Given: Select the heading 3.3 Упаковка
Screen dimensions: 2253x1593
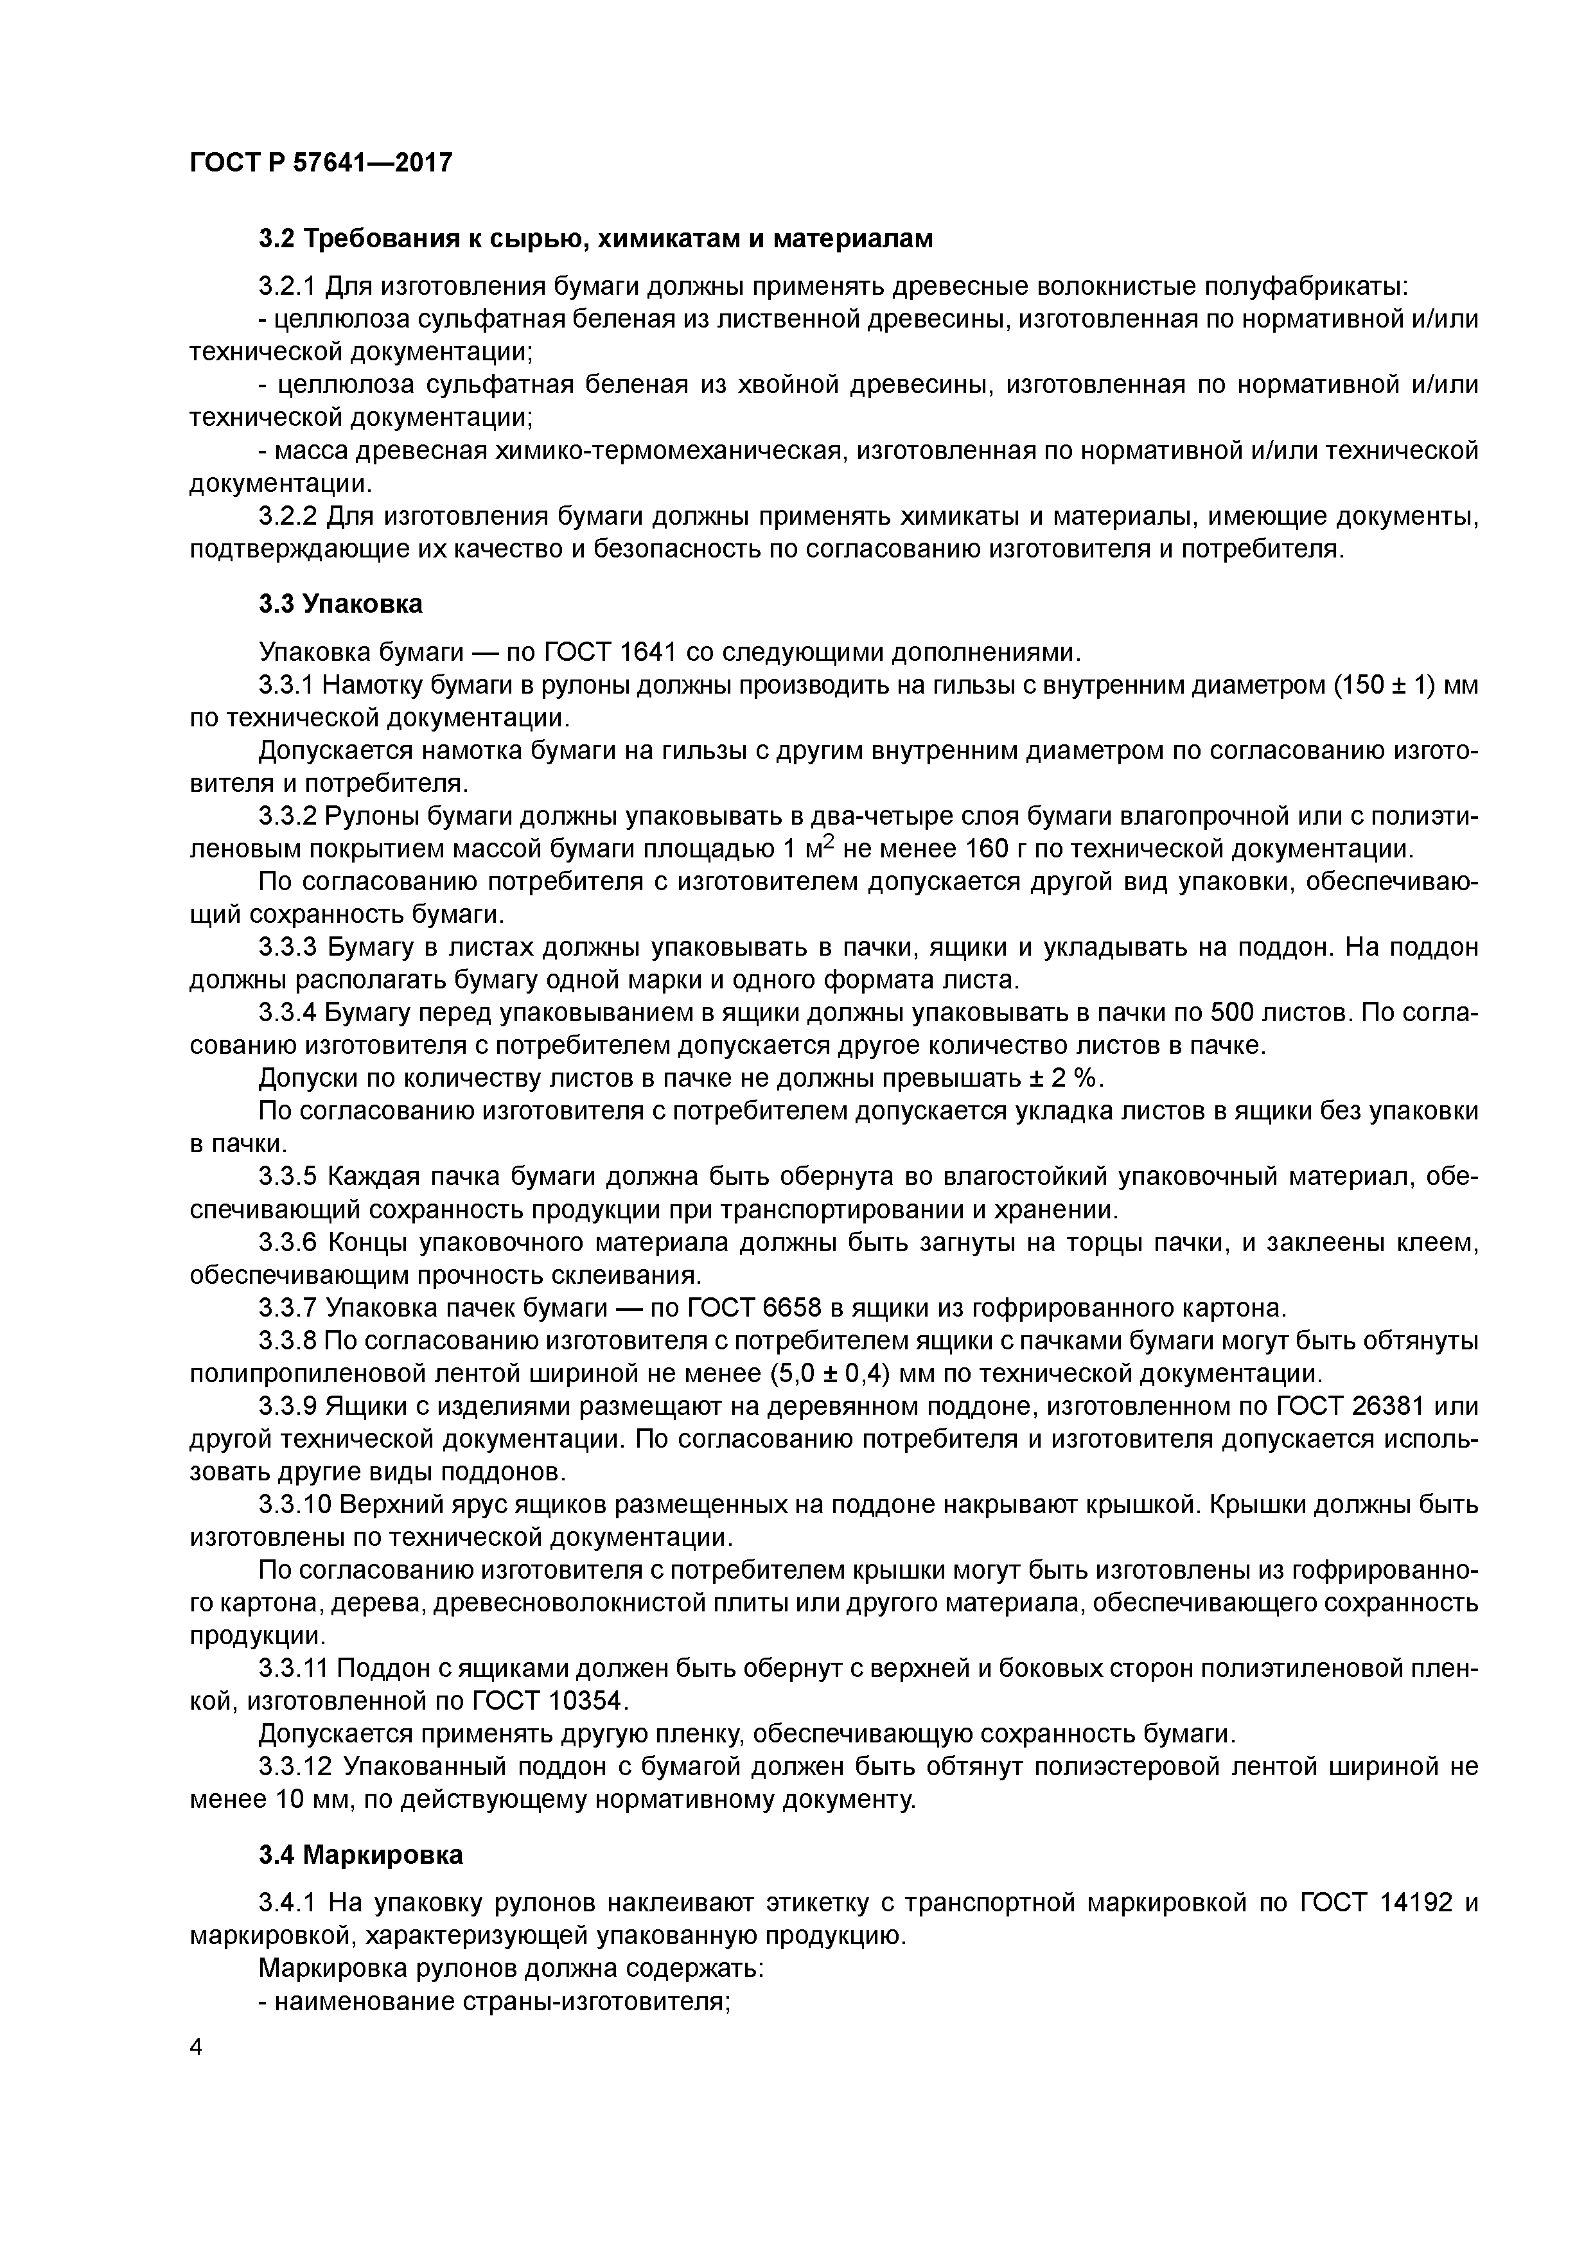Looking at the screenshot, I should tap(340, 604).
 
